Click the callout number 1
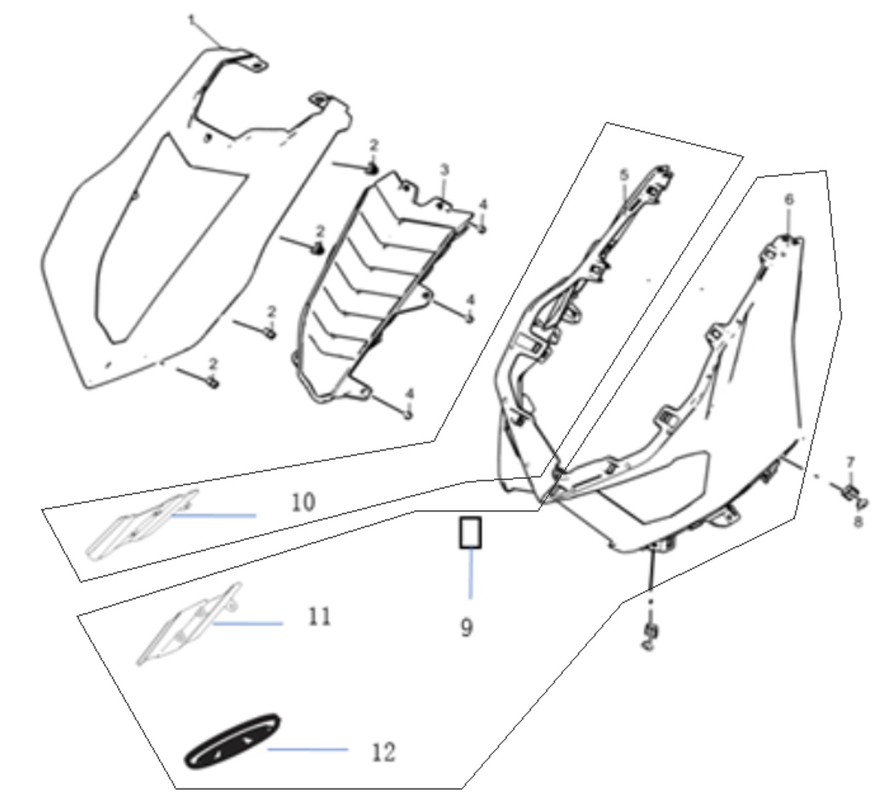pos(192,21)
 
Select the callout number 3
pos(444,170)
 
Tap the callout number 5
pos(624,175)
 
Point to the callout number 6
pos(788,200)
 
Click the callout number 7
pos(850,463)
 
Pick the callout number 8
pos(858,521)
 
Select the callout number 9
pos(465,627)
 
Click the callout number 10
pos(303,502)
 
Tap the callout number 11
pos(319,617)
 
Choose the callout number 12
pos(383,752)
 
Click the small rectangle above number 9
pos(470,532)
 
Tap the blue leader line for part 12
pos(307,749)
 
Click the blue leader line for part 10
pos(214,515)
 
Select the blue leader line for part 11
pos(247,623)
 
